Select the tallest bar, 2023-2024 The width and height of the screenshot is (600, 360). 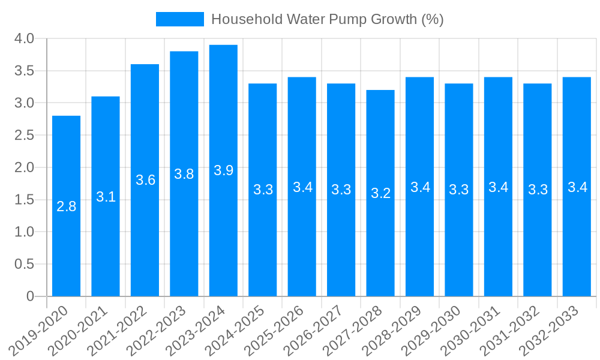click(223, 170)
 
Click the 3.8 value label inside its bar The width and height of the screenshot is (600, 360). click(184, 174)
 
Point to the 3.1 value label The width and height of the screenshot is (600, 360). click(106, 197)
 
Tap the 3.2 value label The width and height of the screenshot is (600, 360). click(380, 193)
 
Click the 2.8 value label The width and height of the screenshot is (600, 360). click(66, 206)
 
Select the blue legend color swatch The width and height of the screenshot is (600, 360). click(179, 19)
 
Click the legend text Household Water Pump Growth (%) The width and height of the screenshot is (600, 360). click(327, 19)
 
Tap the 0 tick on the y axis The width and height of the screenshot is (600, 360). click(31, 296)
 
